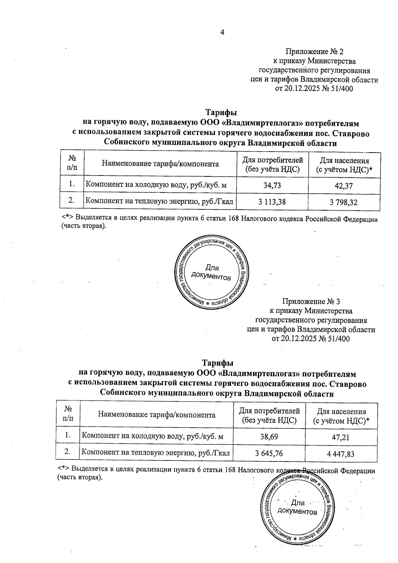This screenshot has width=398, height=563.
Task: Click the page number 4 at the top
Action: tap(222, 32)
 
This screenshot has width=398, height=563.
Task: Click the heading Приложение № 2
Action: tap(314, 52)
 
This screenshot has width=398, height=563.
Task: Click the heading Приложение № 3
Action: tap(311, 302)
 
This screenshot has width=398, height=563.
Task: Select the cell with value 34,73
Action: tap(272, 185)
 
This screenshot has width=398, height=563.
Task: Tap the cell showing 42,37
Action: tap(344, 186)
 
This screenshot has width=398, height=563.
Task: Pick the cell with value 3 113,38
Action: tap(272, 202)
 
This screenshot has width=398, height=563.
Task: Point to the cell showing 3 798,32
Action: tap(344, 202)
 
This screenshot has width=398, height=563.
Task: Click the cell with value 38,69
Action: tap(269, 436)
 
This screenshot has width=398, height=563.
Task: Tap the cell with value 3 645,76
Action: tap(269, 453)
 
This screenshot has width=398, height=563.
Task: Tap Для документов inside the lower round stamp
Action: tap(298, 507)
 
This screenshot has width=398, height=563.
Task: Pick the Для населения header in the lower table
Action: tap(341, 416)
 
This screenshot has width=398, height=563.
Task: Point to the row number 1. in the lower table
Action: tap(68, 435)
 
